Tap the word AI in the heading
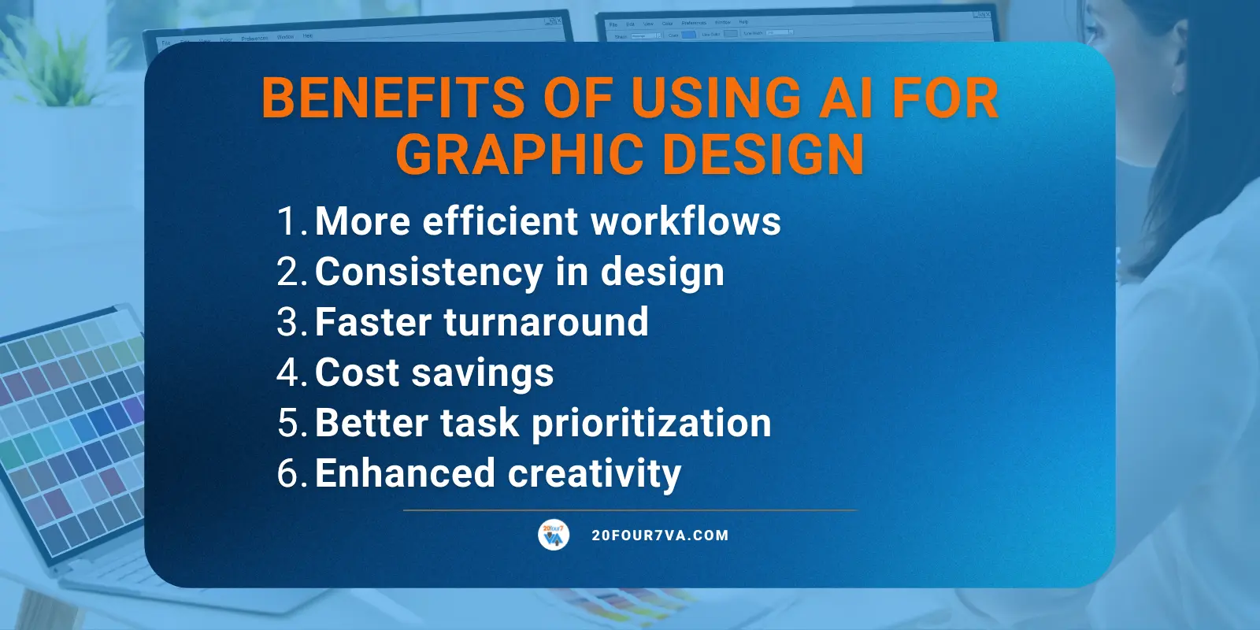click(836, 98)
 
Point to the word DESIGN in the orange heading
click(764, 154)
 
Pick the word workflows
click(685, 221)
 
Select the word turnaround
click(546, 323)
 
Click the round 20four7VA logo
click(554, 535)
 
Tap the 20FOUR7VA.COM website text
click(660, 535)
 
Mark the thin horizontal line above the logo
click(630, 510)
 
